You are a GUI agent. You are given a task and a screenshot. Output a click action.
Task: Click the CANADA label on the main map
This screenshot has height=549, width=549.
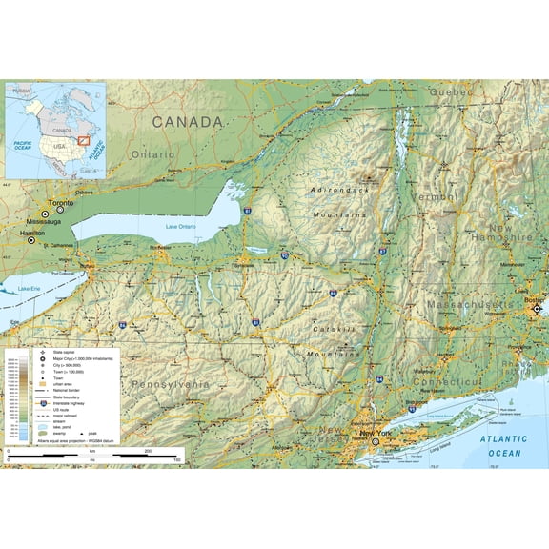[x=187, y=122]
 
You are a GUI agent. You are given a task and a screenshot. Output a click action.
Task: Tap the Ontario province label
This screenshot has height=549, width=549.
[x=152, y=153]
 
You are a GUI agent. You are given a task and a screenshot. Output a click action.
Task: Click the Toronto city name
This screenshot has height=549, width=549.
[x=61, y=203]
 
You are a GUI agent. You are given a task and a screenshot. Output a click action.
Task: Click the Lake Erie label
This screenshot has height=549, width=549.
[x=30, y=288]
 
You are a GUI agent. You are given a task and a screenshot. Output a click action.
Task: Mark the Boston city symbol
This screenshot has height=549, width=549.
[x=538, y=309]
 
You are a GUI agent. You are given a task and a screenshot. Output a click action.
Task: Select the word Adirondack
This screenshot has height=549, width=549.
[x=339, y=190]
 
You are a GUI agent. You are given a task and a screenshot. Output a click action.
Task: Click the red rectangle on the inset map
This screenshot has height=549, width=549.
[x=84, y=140]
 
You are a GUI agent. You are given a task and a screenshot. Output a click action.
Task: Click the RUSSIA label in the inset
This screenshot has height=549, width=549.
[x=22, y=91]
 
